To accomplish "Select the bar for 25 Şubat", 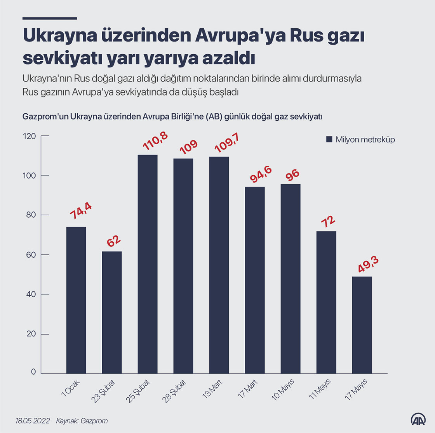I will coord(148,264).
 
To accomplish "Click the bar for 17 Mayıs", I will coord(362,325).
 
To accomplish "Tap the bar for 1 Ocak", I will coord(76,300).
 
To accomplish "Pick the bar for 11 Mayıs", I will coord(326,302).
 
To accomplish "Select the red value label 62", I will coord(114,241).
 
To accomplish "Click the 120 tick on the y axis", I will coord(30,136).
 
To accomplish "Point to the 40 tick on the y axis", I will coord(31,294).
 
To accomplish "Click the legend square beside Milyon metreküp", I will coord(329,140).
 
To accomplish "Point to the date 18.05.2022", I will coord(33,421).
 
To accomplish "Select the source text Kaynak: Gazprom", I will coord(82,421).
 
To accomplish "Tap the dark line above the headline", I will coord(50,18).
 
